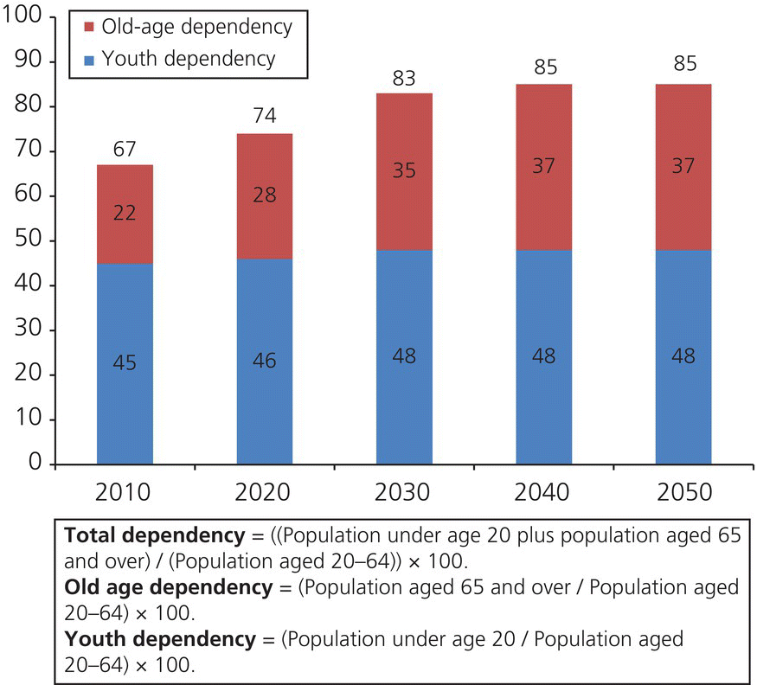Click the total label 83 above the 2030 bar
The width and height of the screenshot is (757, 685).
point(404,79)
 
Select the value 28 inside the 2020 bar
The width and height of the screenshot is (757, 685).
point(265,195)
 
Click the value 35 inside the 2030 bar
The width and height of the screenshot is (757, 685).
point(404,170)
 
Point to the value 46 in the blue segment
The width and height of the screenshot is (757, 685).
point(265,360)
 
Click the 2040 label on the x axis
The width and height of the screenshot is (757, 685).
point(544,492)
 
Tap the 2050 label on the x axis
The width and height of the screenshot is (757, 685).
point(683,492)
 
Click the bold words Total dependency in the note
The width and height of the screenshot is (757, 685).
point(138,533)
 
